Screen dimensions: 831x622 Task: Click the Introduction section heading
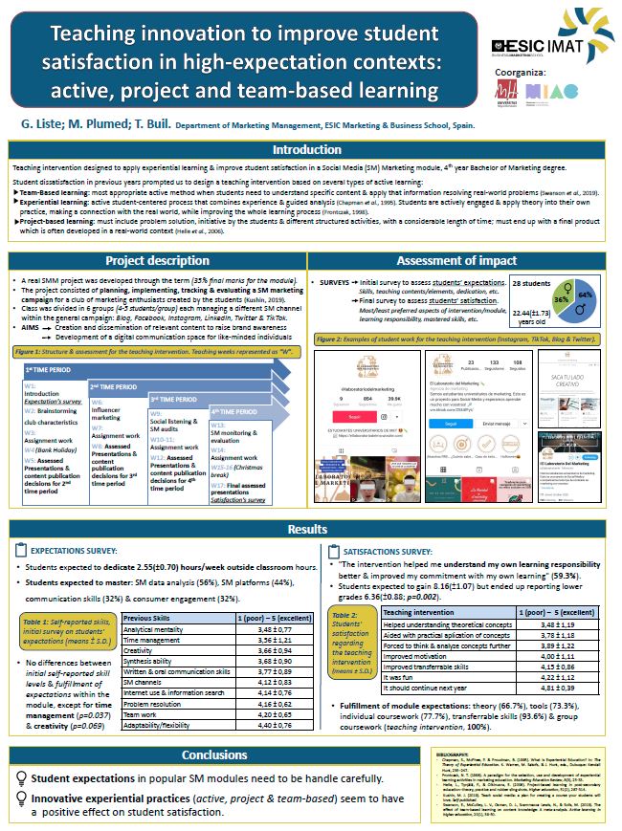tap(306, 150)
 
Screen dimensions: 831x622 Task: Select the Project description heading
tap(157, 260)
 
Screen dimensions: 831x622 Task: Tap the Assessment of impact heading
tap(463, 260)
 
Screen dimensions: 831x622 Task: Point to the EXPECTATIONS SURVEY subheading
tap(82, 551)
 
